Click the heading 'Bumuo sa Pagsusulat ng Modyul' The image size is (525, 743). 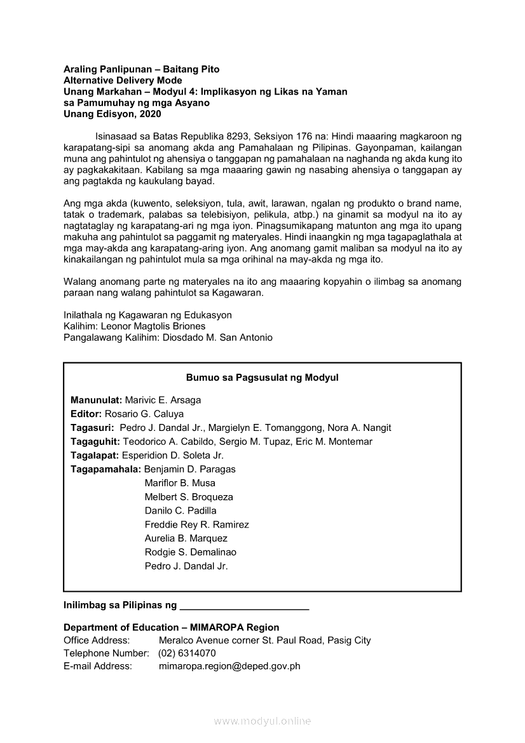262,378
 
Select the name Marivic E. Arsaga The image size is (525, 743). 163,400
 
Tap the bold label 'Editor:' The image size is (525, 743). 86,414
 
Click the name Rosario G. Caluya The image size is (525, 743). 144,414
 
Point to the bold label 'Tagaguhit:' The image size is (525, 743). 95,442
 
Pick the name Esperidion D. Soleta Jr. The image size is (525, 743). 173,456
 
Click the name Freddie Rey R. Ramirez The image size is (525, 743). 196,525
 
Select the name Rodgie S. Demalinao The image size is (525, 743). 190,552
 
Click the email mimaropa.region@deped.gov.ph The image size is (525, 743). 229,667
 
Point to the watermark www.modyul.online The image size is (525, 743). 262,721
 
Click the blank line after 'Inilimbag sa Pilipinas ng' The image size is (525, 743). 244,606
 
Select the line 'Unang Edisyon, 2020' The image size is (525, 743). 112,114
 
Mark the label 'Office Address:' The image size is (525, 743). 97,641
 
